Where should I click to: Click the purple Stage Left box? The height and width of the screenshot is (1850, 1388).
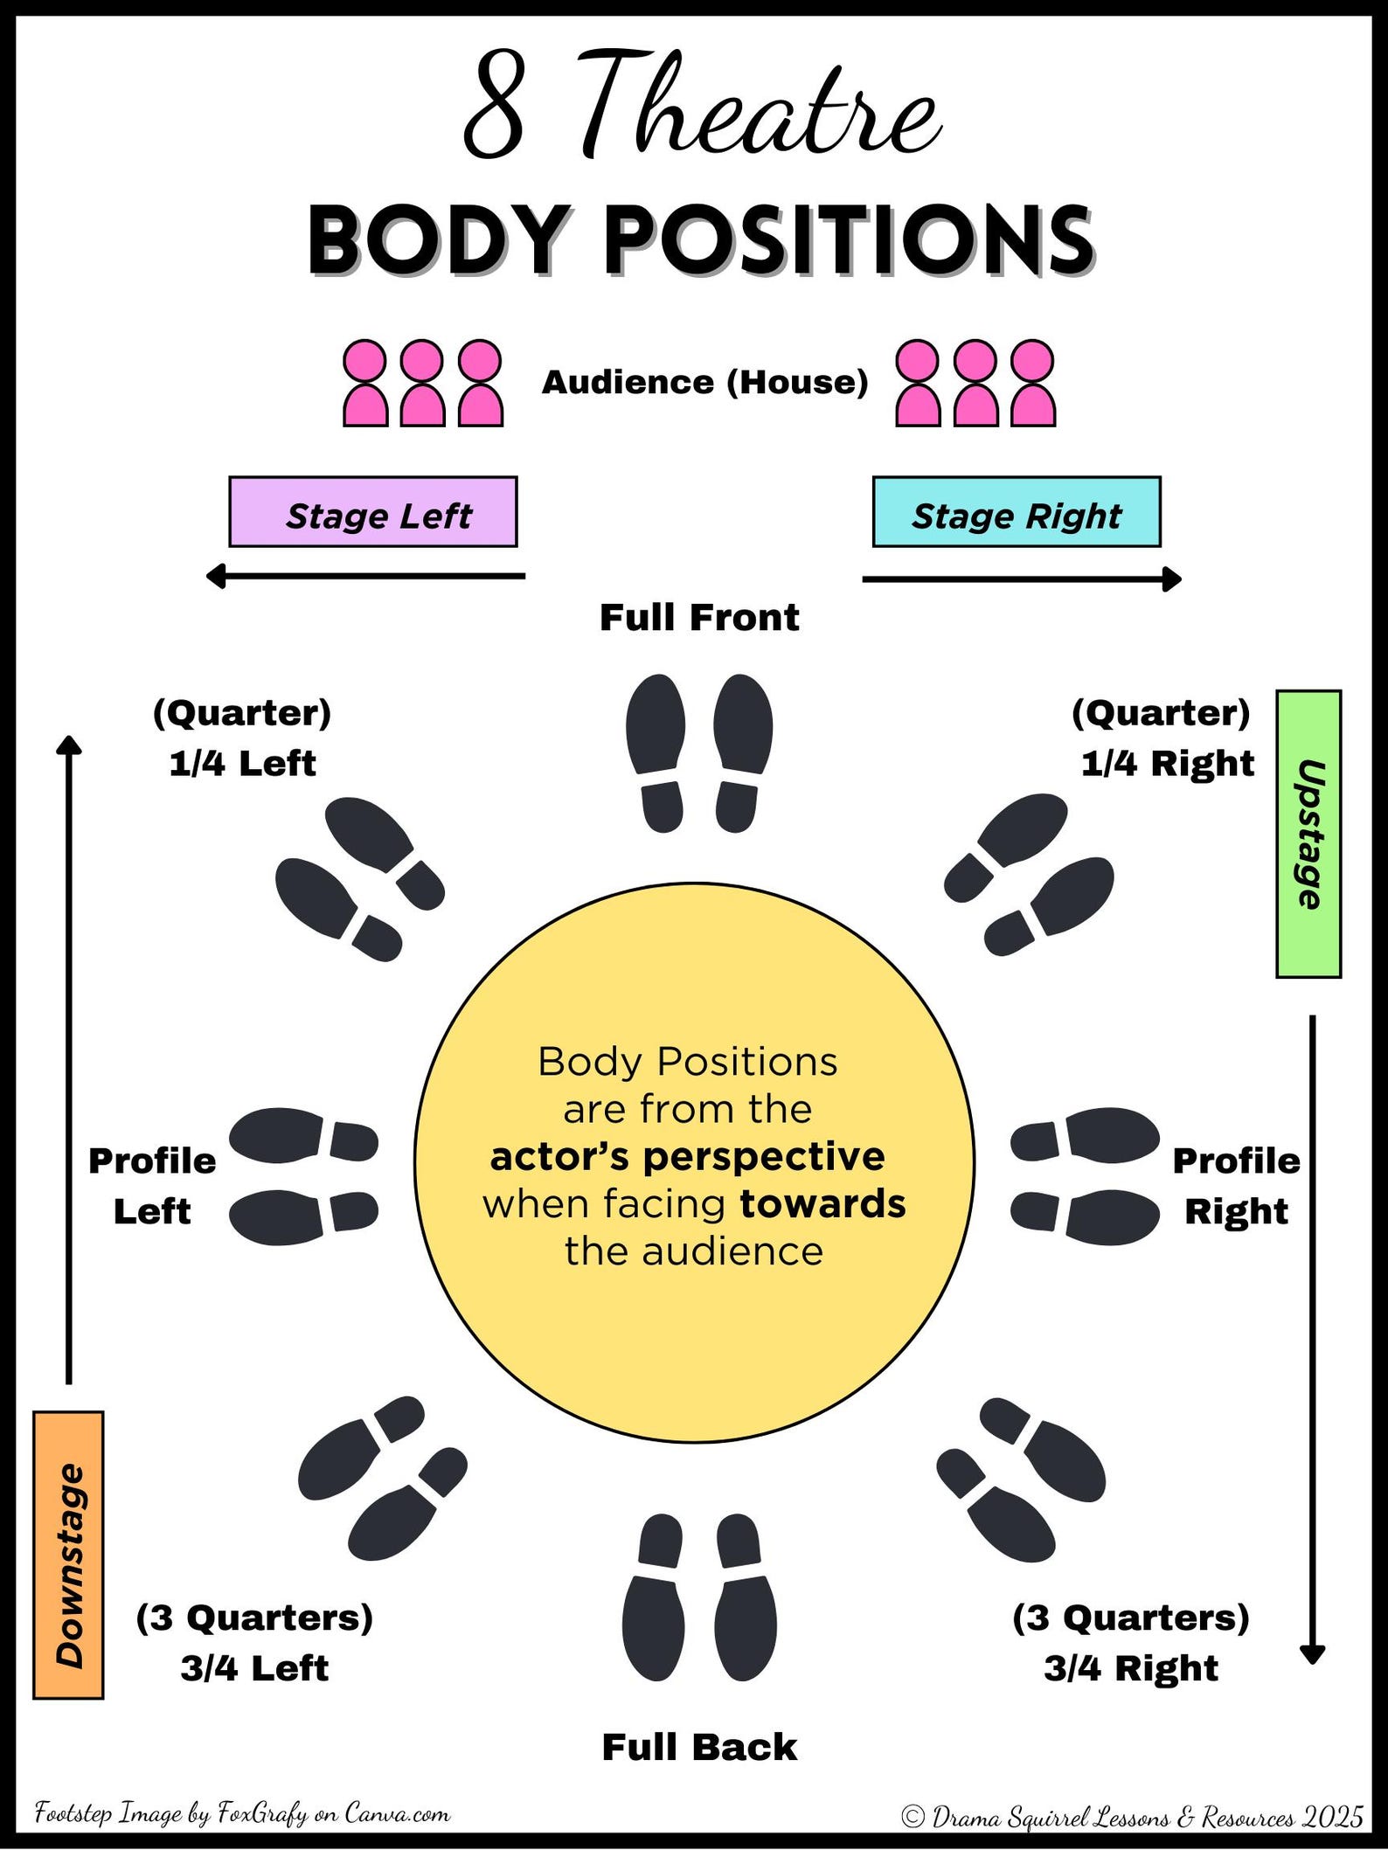pos(372,512)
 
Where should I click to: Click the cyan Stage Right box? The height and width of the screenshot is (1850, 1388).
pos(1016,512)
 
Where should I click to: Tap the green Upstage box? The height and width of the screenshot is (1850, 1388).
pos(1308,834)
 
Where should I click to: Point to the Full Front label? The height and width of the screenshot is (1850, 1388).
pos(698,618)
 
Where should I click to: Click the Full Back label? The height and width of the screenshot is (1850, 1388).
pos(698,1747)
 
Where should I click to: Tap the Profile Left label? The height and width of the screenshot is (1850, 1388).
pos(152,1186)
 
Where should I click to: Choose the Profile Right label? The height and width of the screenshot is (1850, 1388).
pos(1236,1186)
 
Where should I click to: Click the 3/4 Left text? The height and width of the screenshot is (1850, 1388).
pos(254,1668)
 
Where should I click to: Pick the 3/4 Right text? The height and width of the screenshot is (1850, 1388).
pos(1130,1668)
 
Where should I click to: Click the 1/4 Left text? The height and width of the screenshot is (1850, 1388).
pos(242,763)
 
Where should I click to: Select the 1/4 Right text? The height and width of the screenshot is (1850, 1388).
pos(1167,763)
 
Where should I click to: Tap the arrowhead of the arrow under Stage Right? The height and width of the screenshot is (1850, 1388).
pos(1173,579)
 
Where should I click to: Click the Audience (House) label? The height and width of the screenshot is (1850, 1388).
pos(704,382)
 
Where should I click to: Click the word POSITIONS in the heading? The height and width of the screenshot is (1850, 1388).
pos(848,240)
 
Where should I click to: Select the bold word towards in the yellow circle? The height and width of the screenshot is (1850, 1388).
pos(822,1203)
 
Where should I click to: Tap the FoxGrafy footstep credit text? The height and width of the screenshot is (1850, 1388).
pos(242,1813)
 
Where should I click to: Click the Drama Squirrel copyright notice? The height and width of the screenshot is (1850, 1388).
pos(1132,1817)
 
